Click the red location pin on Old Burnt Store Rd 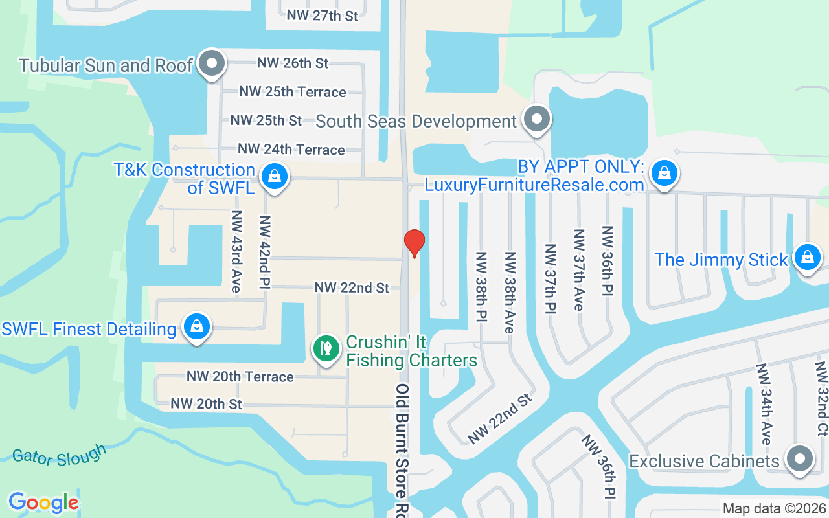414,243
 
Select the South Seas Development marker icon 536,120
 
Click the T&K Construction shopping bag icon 275,175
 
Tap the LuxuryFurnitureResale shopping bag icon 664,173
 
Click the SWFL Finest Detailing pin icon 196,327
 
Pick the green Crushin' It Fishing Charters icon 327,348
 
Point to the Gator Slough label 59,455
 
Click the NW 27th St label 323,16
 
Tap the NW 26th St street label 293,63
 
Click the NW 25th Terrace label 293,92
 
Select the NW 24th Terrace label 291,150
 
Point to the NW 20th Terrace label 240,376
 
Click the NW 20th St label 206,404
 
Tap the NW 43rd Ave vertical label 236,251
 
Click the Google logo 44,502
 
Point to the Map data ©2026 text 775,508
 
